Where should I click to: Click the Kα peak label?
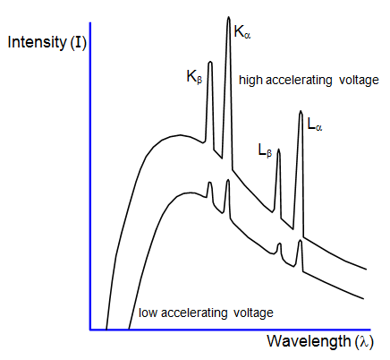[x=242, y=32]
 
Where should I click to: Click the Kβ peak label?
[x=194, y=77]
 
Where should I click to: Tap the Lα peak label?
[x=315, y=124]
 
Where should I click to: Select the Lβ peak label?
[x=265, y=150]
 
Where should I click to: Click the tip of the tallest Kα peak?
[x=229, y=17]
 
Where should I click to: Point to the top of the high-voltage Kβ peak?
[x=210, y=62]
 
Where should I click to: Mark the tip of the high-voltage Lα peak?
[x=301, y=111]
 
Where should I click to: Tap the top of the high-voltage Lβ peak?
[x=279, y=149]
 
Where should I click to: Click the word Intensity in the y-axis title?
[x=38, y=42]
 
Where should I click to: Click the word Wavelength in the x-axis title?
[x=309, y=341]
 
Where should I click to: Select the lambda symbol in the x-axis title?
[x=364, y=341]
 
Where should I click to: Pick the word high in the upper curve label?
[x=250, y=81]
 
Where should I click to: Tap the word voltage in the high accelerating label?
[x=359, y=81]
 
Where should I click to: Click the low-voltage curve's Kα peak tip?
[x=228, y=180]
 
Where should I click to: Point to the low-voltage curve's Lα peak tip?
[x=301, y=240]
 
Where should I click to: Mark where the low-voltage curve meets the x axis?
[x=129, y=330]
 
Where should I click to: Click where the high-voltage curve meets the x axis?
[x=106, y=330]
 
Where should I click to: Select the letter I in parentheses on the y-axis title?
[x=78, y=42]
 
